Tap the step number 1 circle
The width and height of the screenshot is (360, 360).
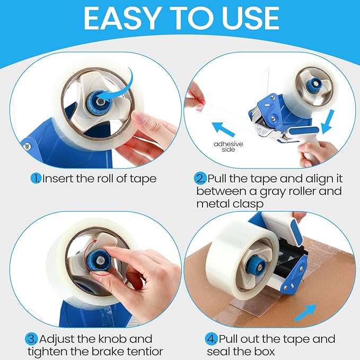[x=35, y=178]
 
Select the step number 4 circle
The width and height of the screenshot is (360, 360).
[x=210, y=339]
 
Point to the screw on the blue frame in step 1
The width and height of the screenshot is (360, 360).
[x=25, y=143]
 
